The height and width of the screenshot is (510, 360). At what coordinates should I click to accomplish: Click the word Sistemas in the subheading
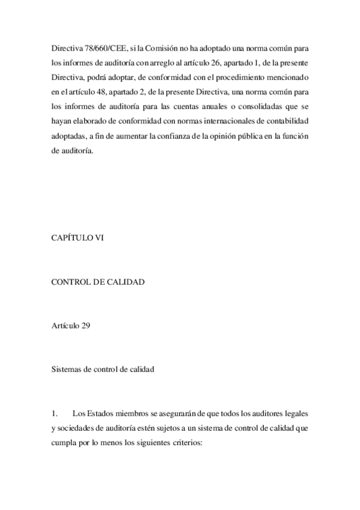(69, 370)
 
